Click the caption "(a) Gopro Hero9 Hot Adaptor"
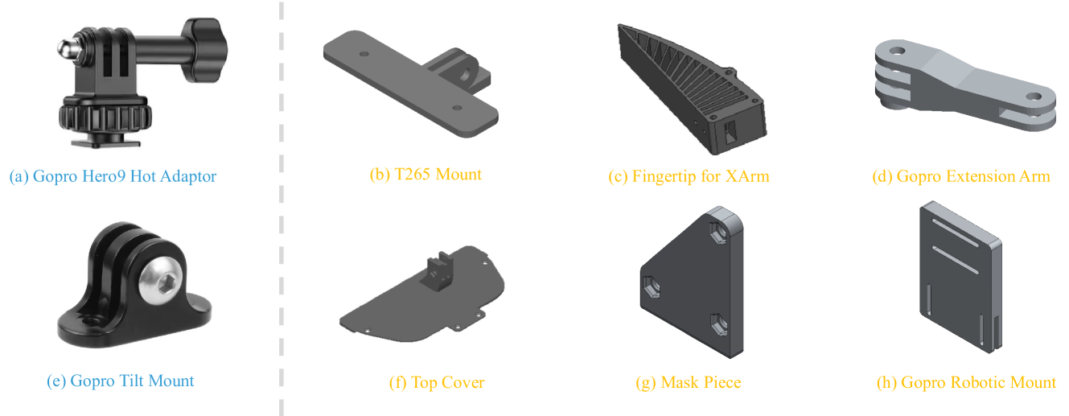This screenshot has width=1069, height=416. (x=113, y=176)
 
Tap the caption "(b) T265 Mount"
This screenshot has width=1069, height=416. (x=426, y=175)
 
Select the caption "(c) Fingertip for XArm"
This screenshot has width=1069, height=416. (x=689, y=176)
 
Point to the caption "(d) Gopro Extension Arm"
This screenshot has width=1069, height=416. (x=961, y=176)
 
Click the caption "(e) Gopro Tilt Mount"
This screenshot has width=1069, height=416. (x=121, y=381)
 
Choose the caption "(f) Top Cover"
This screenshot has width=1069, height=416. (x=437, y=382)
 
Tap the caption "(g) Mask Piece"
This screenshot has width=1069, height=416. (x=689, y=382)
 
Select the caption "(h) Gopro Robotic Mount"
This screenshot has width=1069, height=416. (x=966, y=382)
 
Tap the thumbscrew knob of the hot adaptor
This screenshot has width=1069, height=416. (x=204, y=50)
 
